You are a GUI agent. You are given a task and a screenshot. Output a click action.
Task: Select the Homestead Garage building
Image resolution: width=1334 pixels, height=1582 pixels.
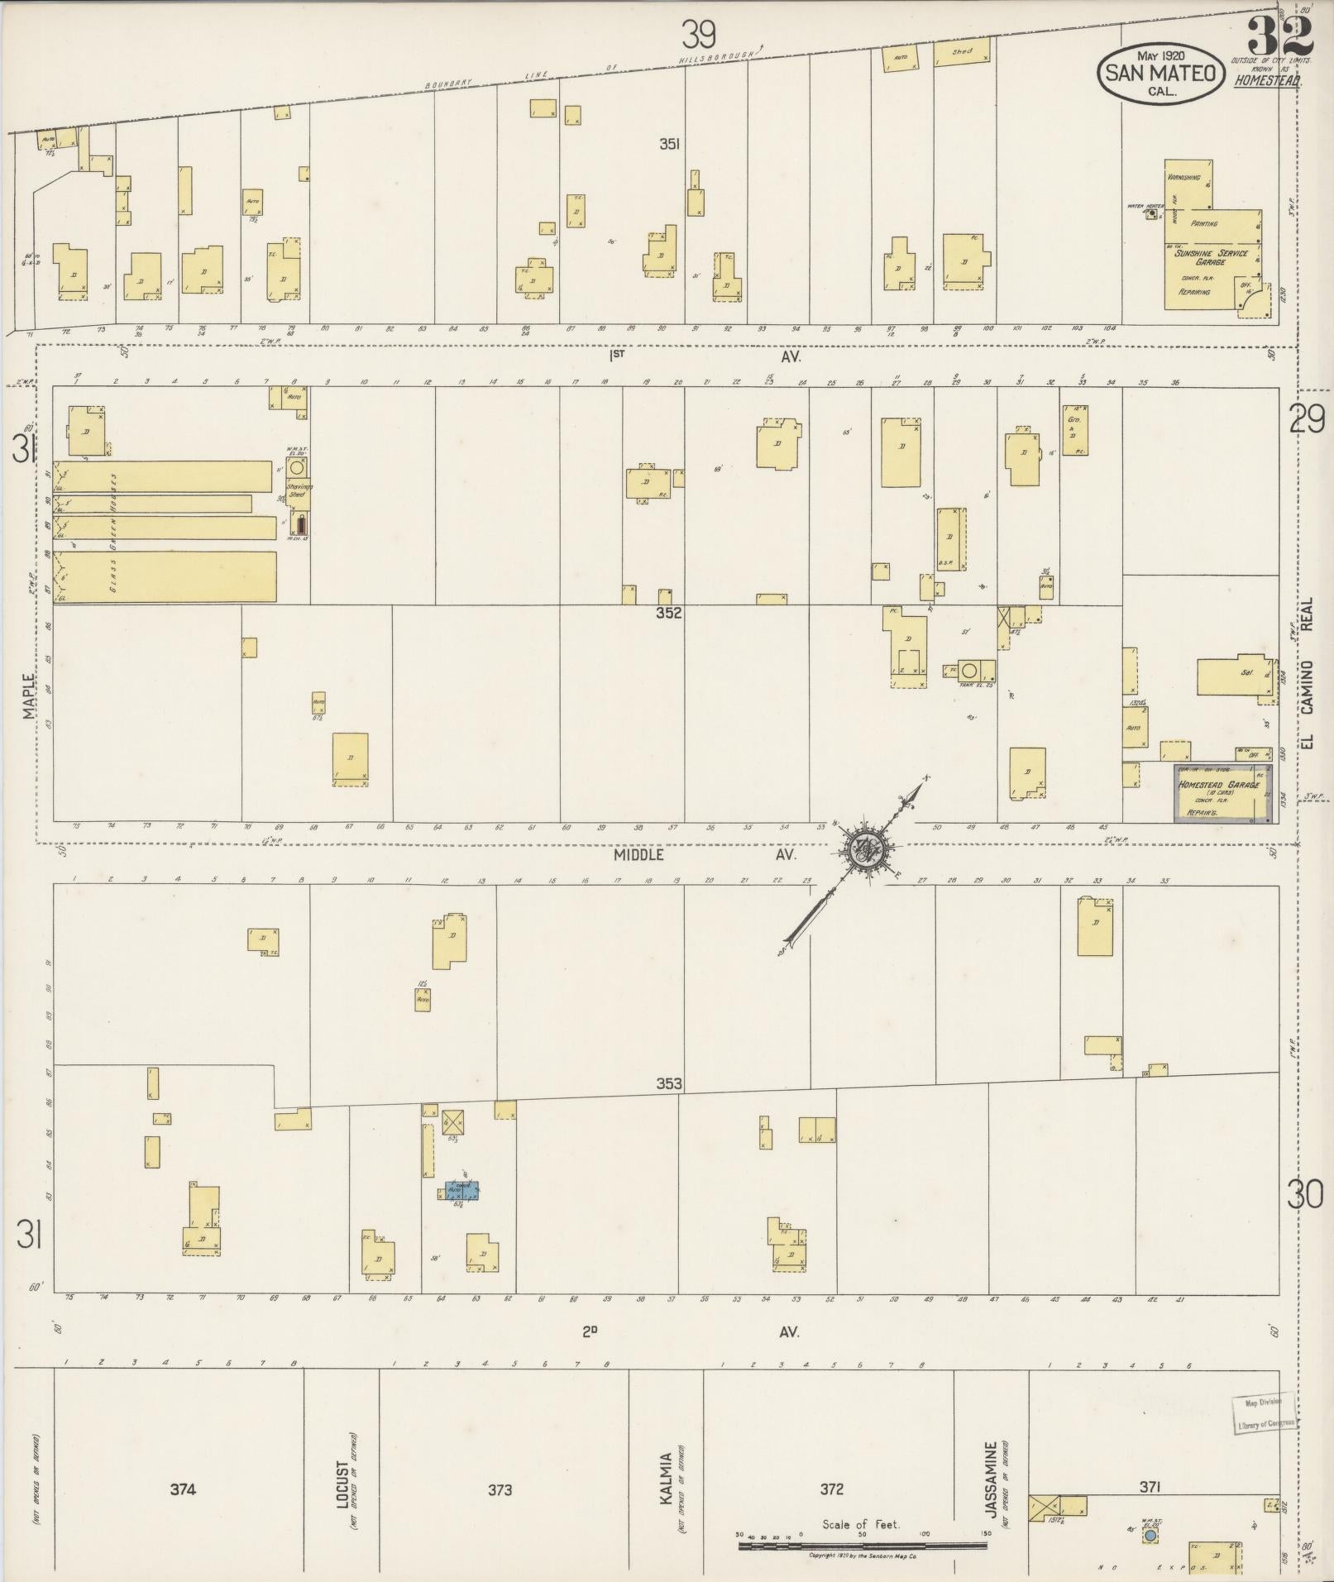pos(1222,793)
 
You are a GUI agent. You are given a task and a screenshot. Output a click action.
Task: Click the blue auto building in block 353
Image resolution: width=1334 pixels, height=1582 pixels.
pos(462,1191)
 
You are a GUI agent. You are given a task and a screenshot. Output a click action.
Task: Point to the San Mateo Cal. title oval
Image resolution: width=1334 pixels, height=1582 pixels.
pos(1160,73)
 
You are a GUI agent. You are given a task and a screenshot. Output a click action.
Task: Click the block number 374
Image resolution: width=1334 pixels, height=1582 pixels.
pos(183,1489)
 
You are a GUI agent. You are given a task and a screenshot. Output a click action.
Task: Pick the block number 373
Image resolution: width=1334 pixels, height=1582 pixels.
pos(500,1489)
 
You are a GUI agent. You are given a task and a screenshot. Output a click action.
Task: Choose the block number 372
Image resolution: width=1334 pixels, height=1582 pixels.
pos(831,1489)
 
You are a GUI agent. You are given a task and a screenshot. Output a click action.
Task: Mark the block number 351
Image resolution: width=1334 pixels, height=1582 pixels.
pos(669,144)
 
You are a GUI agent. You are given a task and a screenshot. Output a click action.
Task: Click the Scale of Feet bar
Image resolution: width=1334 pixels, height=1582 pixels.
pos(863,1544)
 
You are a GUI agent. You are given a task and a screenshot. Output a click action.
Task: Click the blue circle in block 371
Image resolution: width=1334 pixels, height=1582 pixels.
pos(1150,1535)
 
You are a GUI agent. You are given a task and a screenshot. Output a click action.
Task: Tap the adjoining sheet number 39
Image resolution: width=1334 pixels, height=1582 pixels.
pos(698,35)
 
